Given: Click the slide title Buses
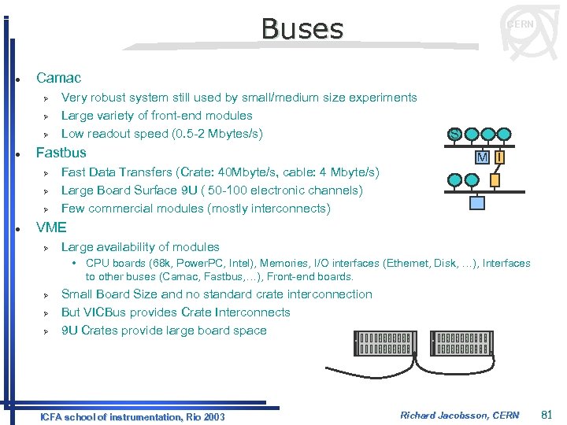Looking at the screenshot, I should pos(302,29).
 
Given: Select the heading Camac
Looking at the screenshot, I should pos(58,78).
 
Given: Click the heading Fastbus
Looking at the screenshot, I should pos(61,152).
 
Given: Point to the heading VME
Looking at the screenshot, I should pos(52,228).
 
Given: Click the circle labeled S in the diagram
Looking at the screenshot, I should pos(455,135).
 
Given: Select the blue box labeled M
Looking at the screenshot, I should pos(482,157).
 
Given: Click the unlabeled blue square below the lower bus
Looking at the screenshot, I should pos(477,203).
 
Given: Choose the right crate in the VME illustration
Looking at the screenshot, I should pos(463,343).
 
